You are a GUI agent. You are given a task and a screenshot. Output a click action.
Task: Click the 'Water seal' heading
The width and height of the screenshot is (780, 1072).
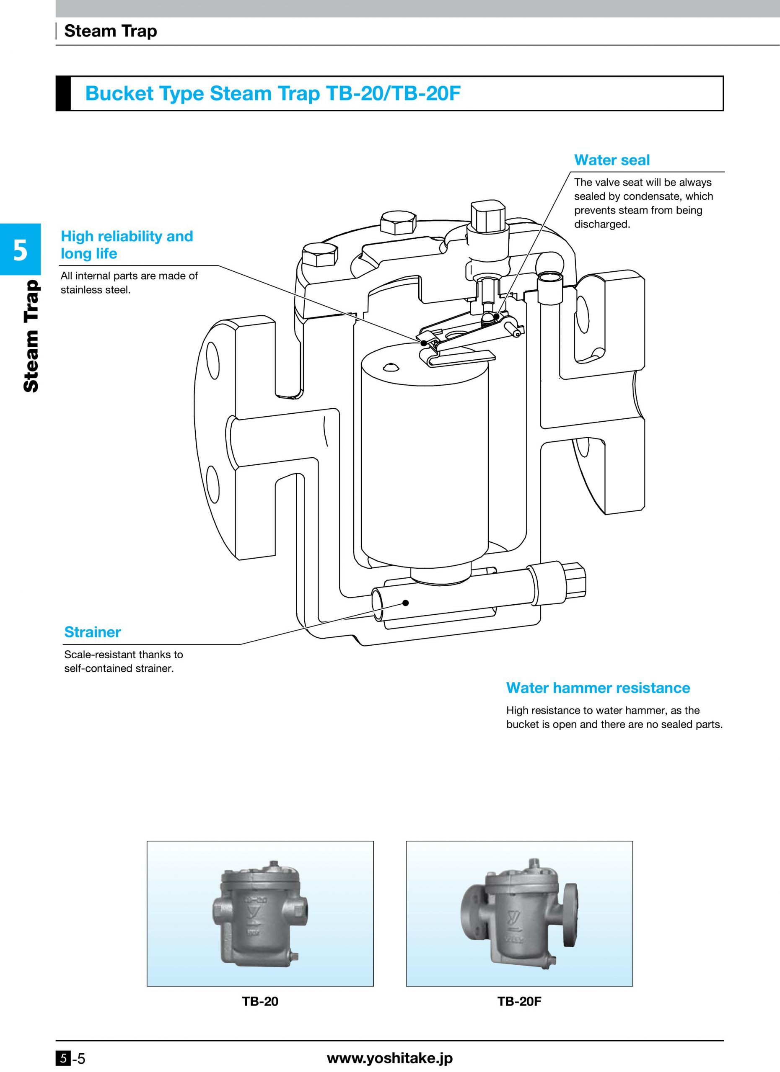612,160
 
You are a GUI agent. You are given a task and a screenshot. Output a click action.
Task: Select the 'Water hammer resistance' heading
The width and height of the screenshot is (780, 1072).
598,687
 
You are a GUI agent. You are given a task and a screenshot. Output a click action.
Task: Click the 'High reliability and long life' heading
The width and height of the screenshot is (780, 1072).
127,245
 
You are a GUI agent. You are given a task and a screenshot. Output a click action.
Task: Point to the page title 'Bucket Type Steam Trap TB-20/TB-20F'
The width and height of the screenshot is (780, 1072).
272,93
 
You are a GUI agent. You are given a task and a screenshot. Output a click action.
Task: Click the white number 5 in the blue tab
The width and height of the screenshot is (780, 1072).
20,250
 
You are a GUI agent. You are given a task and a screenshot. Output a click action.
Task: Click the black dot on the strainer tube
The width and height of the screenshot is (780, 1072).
405,603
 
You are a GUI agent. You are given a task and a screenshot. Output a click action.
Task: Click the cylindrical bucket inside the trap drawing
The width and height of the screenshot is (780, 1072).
424,449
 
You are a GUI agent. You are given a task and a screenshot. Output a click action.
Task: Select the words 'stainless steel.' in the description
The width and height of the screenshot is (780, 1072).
95,290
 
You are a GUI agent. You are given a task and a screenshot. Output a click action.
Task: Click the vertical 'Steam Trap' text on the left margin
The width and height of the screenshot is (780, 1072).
30,336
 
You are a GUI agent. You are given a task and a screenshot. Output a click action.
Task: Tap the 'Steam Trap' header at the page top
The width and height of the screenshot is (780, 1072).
110,31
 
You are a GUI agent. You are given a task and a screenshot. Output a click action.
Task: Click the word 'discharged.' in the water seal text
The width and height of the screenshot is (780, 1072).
602,224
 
